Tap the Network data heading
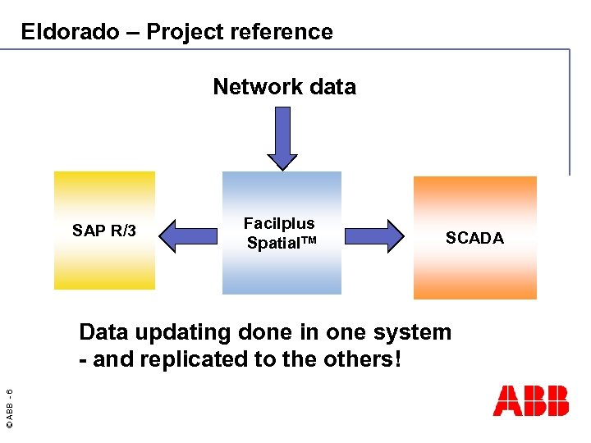click(284, 86)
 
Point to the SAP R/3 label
click(104, 231)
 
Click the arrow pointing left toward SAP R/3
click(190, 235)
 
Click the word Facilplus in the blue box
click(279, 223)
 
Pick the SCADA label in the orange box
click(474, 238)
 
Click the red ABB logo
click(530, 400)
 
